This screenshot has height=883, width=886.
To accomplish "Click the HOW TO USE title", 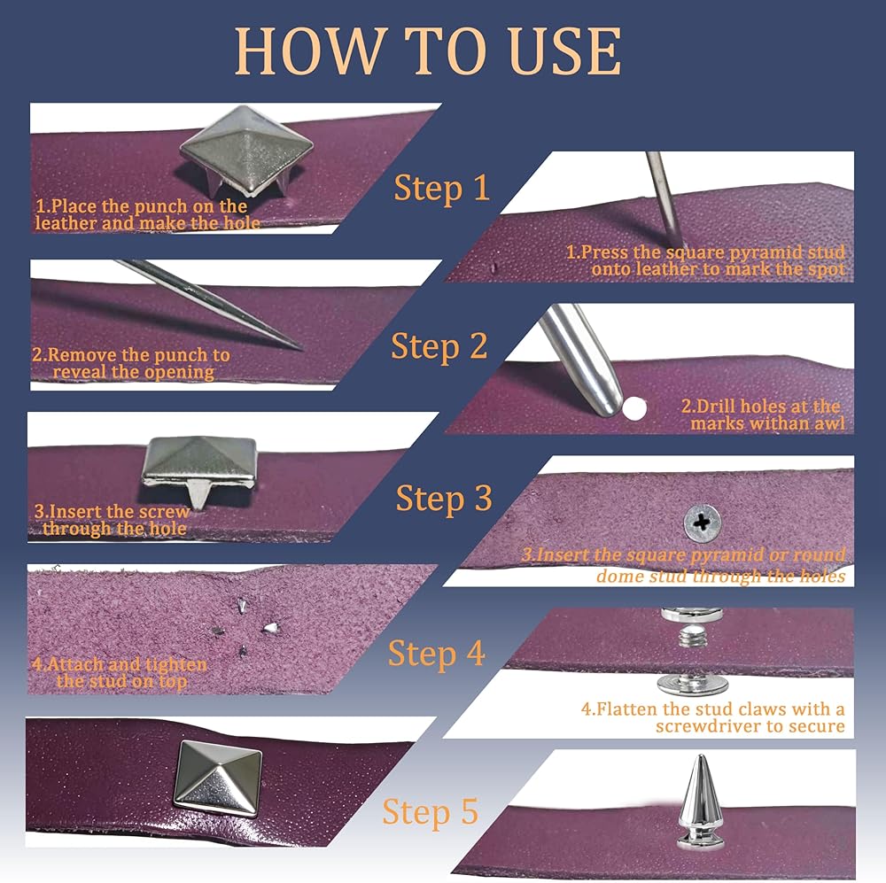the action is point(428,51).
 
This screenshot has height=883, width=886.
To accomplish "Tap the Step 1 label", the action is point(441,188).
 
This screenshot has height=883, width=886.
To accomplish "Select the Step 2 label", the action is point(439,346).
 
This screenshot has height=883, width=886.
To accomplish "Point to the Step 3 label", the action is point(444,499).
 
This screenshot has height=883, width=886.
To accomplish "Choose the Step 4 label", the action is point(436,654).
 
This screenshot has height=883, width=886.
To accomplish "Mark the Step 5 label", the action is point(431,812).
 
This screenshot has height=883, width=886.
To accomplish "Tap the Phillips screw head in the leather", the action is point(703,522).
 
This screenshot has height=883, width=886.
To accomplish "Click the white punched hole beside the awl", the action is point(634,408).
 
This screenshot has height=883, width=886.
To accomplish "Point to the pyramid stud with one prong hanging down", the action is point(198,469).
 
